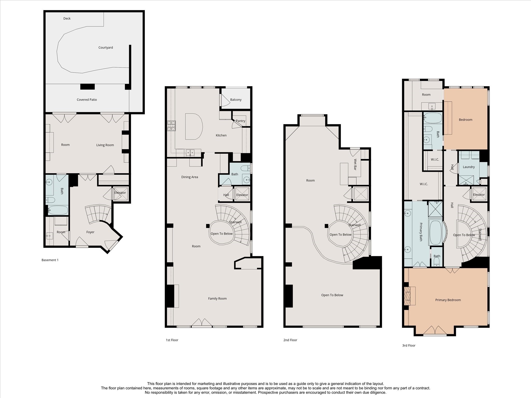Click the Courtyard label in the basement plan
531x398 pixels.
coord(106,48)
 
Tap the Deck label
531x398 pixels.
coord(67,19)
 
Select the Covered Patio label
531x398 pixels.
coord(87,100)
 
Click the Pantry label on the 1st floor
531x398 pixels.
coord(240,121)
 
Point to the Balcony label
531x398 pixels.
coord(236,100)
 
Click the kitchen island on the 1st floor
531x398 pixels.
coord(193,126)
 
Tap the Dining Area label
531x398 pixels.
coord(190,177)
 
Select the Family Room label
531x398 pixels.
coord(217,298)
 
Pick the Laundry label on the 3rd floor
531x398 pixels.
coord(469,167)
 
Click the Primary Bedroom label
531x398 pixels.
coord(448,300)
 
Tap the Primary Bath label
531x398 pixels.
coord(421,232)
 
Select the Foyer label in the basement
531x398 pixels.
coord(90,232)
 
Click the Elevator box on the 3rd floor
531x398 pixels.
coord(479,195)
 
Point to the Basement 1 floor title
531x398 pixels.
coord(50,260)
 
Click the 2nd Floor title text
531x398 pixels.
coord(290,340)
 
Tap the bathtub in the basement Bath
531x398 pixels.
coord(58,210)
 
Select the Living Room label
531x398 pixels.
coord(105,145)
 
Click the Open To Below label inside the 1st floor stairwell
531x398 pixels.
coord(221,234)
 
